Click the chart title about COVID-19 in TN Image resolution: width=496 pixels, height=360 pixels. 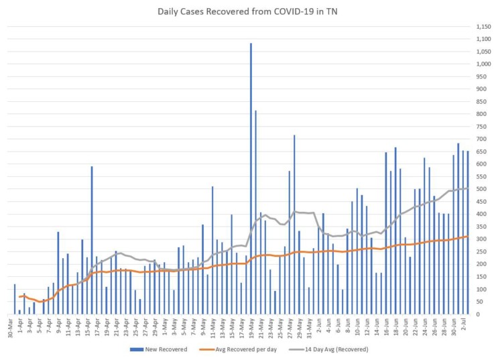247,11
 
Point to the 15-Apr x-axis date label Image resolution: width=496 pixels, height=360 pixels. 87,328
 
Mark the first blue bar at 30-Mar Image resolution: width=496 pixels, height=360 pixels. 15,299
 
